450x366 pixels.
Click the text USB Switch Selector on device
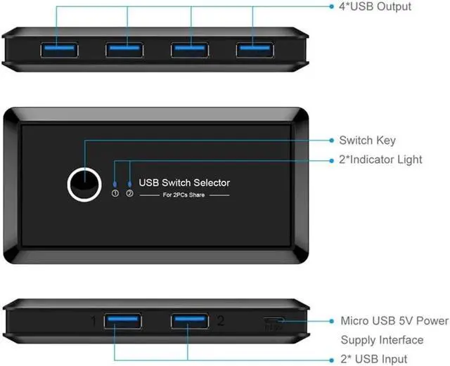pos(184,183)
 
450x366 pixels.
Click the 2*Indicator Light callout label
pos(391,159)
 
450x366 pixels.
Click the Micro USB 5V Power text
pos(394,321)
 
